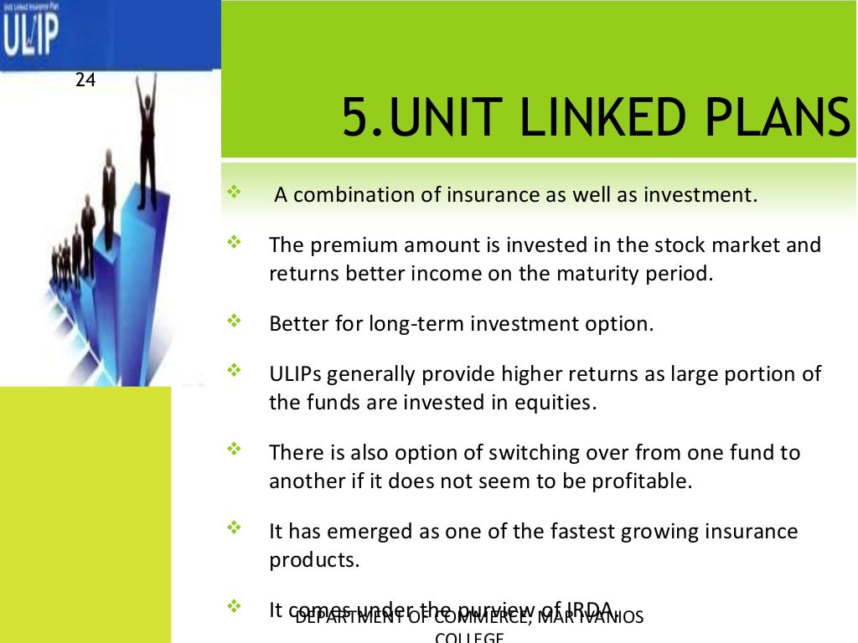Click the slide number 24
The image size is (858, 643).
85,80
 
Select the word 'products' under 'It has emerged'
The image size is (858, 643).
313,560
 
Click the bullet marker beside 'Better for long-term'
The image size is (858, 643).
234,321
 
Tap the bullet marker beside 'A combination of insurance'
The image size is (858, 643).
234,193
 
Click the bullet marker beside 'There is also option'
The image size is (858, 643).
234,450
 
